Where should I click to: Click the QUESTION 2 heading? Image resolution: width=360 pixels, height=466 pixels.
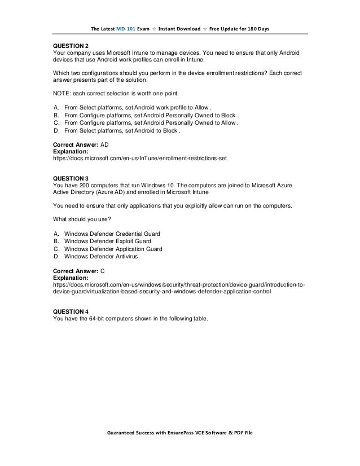[x=71, y=45]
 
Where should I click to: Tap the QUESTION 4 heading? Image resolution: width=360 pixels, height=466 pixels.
[x=71, y=311]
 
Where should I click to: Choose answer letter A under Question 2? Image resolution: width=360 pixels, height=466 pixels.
[x=55, y=107]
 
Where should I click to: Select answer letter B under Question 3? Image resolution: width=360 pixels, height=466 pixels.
[x=55, y=241]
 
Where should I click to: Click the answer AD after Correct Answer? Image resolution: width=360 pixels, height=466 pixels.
[x=104, y=145]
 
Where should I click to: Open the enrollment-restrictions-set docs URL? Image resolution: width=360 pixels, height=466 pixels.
[x=139, y=159]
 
